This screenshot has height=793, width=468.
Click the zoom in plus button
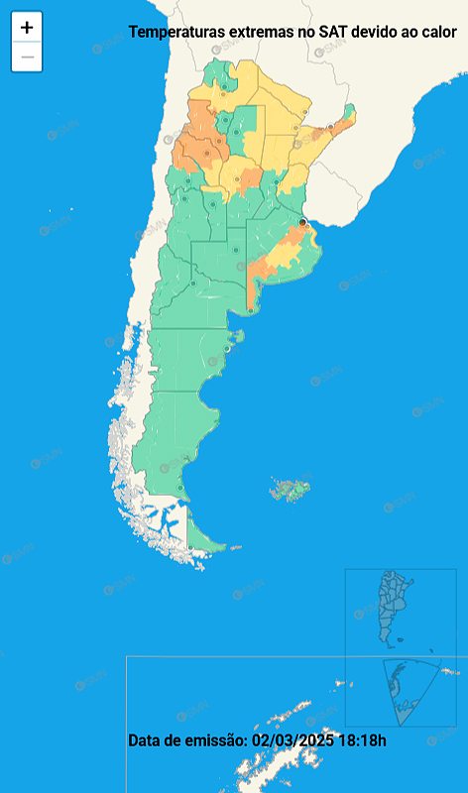coord(27,28)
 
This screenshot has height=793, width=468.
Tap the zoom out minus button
coord(27,57)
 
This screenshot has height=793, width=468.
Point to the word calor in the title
coord(436,32)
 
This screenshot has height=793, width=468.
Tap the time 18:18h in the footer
coord(362,739)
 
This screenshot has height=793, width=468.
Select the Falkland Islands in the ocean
coord(291,489)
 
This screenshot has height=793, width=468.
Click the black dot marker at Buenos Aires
coord(302,223)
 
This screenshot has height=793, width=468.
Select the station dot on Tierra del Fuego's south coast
coord(189,546)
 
